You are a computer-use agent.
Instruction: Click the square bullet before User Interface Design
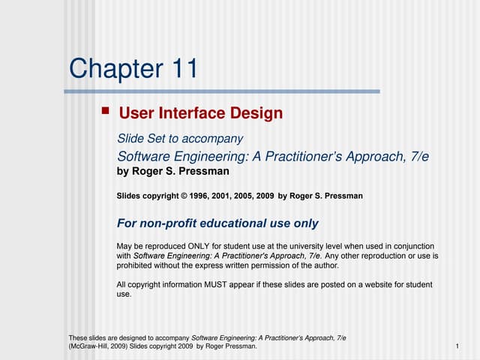pyautogui.click(x=106, y=112)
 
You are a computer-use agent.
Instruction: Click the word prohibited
pyautogui.click(x=136, y=265)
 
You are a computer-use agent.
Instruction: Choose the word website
pyautogui.click(x=367, y=285)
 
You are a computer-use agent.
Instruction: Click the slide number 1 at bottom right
pyautogui.click(x=457, y=346)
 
